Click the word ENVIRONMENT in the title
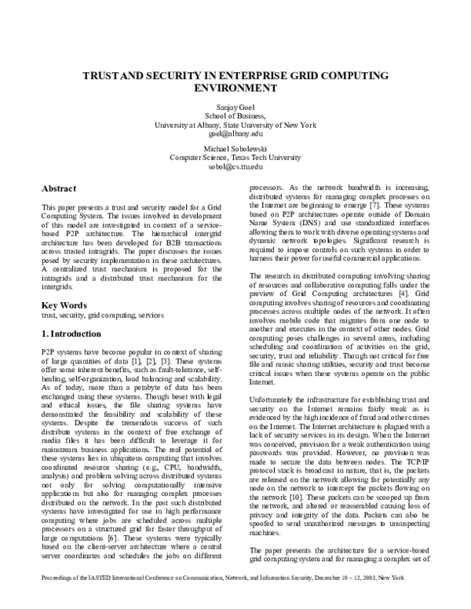(235, 89)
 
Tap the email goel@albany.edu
(235, 133)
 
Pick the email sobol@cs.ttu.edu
(235, 166)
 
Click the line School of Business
(235, 115)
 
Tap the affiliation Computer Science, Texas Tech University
(235, 158)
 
